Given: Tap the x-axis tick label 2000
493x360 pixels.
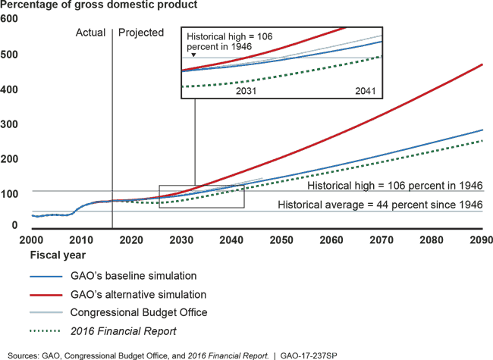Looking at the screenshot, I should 31,240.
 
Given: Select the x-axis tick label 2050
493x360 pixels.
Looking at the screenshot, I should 281,240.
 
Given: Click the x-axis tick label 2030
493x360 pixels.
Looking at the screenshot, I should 181,240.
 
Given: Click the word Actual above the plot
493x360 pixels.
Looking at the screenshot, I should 90,33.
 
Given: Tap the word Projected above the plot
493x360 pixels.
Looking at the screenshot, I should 141,33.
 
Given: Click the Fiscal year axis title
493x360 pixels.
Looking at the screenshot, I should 58,255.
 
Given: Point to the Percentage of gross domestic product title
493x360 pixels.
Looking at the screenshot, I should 99,5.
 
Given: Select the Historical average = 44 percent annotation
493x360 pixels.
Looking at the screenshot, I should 379,205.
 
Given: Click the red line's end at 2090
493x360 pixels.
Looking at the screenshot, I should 482,64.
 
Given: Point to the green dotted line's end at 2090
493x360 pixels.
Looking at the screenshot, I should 482,140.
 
